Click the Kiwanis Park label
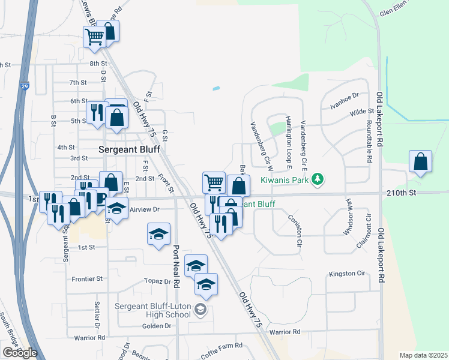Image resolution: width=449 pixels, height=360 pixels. click(285, 179)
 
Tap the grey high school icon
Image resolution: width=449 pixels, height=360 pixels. click(201, 310)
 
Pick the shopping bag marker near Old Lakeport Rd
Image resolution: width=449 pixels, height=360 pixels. click(421, 161)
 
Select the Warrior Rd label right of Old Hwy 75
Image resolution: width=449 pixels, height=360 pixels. click(284, 332)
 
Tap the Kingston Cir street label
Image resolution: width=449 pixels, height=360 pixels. click(346, 274)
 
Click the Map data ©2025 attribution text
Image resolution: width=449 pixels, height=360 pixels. click(423, 355)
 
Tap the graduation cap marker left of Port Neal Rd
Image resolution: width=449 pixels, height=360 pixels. click(159, 234)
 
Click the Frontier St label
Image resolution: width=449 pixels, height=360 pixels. click(87, 279)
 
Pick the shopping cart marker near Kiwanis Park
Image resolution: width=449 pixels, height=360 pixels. click(214, 181)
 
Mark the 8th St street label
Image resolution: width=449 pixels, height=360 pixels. click(98, 63)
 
